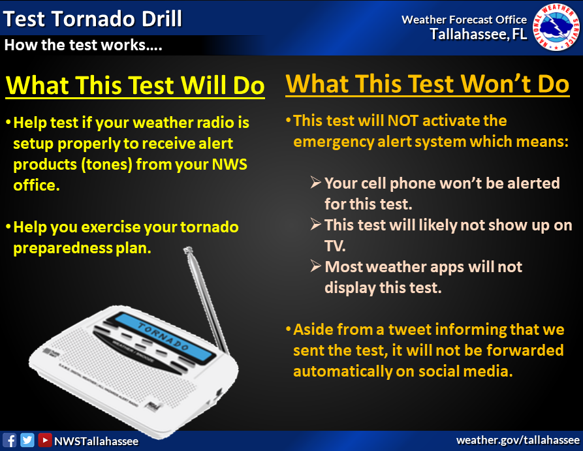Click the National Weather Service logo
pos(556,27)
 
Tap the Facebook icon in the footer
pos(9,440)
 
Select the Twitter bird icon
pos(27,440)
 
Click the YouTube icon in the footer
pos(44,440)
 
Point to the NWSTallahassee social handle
pos(97,441)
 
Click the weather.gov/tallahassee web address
pos(518,440)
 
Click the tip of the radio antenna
pos(188,249)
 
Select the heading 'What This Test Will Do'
pos(135,85)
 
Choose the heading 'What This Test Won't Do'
pos(427,84)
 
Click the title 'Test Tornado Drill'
pos(92,18)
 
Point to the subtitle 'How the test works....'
pos(83,45)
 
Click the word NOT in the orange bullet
pos(403,121)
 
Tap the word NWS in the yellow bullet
pos(229,164)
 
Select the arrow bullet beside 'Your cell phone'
pos(316,182)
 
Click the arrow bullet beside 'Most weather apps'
pos(316,266)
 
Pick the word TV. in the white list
pos(335,246)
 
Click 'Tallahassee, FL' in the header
pos(479,34)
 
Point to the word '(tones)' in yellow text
pos(106,164)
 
